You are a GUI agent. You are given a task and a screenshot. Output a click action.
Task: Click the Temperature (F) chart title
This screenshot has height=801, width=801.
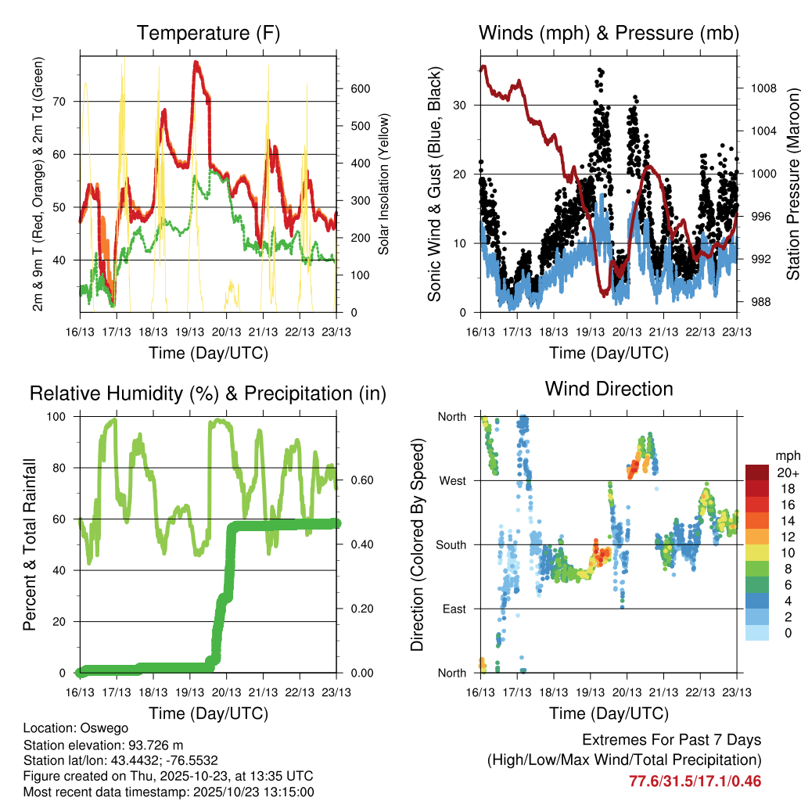point(208,34)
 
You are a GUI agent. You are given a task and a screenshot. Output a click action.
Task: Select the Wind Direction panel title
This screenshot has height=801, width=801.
point(609,389)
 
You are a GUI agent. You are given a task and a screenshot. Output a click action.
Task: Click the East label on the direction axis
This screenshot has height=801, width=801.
point(454,609)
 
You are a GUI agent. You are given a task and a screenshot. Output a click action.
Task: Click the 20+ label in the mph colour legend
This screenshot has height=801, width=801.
point(787,472)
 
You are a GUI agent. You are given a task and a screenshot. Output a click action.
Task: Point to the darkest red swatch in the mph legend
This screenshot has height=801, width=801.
point(756,472)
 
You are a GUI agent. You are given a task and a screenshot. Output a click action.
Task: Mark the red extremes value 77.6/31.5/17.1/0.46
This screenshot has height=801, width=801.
point(695,781)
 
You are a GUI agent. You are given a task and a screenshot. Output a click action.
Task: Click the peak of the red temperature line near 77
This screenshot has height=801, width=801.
point(196,62)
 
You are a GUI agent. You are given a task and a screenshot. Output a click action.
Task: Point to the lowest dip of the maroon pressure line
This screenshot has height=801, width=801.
point(605,294)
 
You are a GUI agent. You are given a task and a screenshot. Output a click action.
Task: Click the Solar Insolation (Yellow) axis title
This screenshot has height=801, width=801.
point(384,185)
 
